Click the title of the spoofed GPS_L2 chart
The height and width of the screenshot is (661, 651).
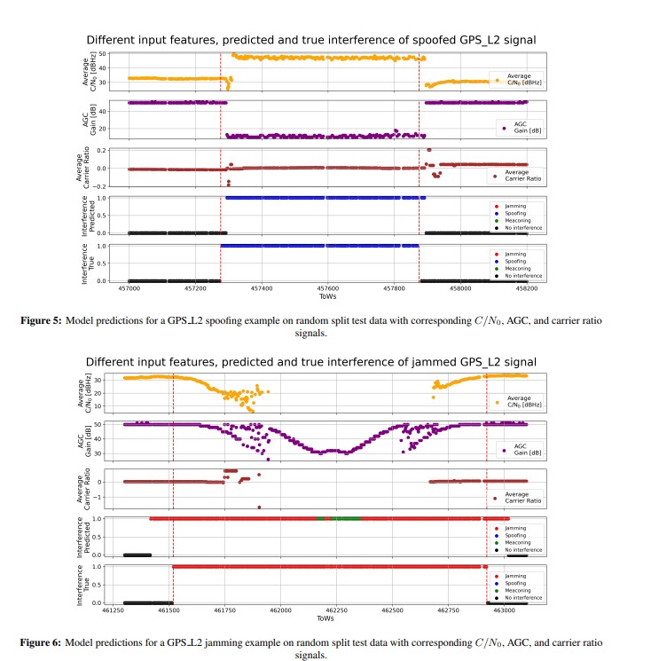pos(310,40)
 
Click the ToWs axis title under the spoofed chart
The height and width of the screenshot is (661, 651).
pos(327,297)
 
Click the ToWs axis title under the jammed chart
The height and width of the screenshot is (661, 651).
pos(327,618)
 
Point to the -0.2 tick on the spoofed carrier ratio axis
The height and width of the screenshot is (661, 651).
pos(102,186)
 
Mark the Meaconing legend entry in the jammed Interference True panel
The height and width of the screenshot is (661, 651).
pos(518,590)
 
